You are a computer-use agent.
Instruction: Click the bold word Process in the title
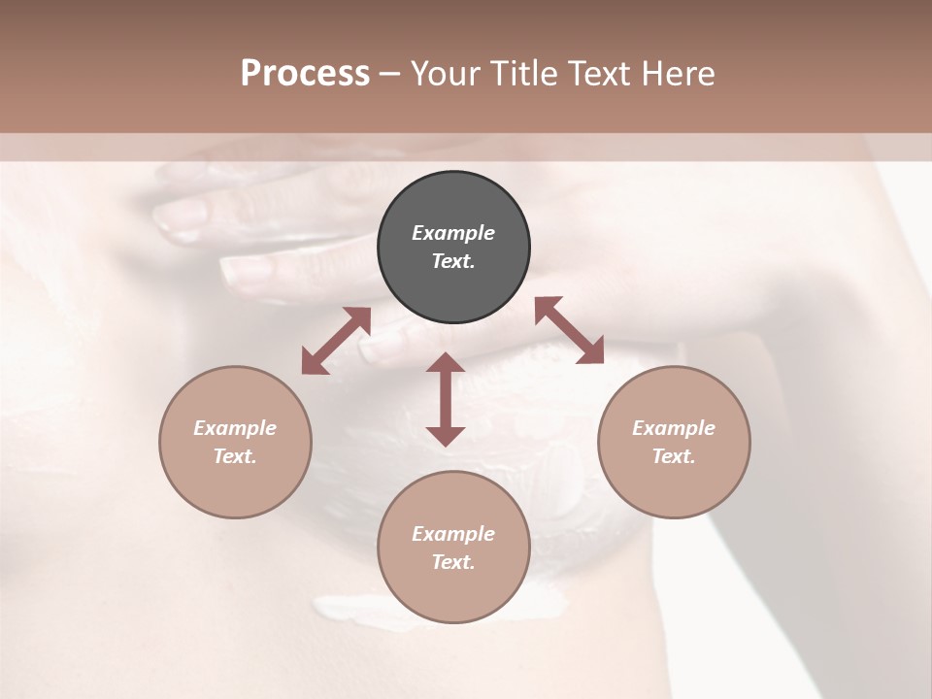[305, 74]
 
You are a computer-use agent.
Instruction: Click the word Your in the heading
[448, 74]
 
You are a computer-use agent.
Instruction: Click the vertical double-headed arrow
[446, 399]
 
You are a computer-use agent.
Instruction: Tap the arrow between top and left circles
[336, 341]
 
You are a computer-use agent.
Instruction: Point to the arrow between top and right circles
[569, 330]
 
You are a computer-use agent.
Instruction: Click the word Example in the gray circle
[453, 233]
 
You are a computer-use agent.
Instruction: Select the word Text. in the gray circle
[453, 261]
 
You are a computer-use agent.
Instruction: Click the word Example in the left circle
[235, 428]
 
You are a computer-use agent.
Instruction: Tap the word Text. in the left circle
[235, 456]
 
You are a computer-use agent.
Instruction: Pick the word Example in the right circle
[674, 428]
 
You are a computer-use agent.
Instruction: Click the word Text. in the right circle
[674, 456]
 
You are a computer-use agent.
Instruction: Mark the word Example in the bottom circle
[453, 534]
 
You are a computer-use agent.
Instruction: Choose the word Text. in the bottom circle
[453, 562]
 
